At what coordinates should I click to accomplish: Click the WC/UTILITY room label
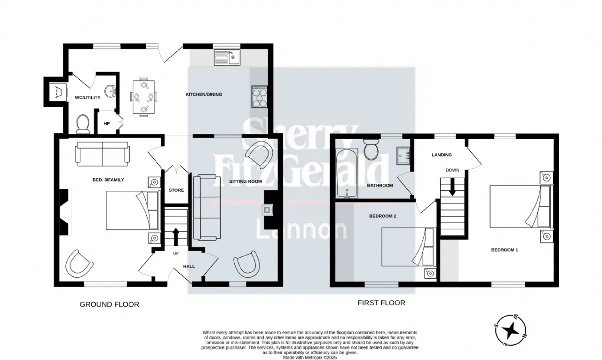coord(85,98)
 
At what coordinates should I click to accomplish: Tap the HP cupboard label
coord(107,124)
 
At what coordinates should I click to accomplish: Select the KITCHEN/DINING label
coord(204,94)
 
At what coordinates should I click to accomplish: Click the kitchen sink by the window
coord(227,57)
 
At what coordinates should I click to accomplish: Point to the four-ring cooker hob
coord(259,97)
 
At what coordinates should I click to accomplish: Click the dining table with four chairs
coord(143,97)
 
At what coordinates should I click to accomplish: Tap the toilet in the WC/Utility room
coord(83,124)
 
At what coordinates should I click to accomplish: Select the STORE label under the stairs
coord(176,190)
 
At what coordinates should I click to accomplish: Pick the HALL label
coord(189,266)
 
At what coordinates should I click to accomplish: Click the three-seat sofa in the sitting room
coord(207,207)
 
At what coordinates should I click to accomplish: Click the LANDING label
coord(442,155)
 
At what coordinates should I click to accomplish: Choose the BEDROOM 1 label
coord(505,250)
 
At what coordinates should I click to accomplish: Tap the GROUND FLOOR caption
coord(109,305)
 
